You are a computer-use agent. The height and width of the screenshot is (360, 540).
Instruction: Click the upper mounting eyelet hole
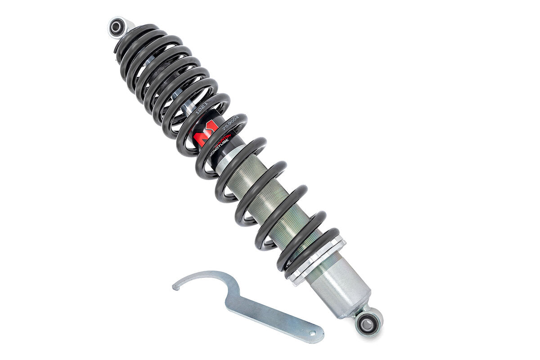click(116, 28)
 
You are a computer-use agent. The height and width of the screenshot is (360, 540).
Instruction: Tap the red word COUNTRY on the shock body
click(225, 137)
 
